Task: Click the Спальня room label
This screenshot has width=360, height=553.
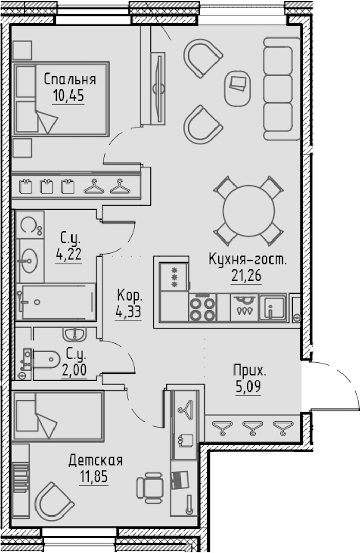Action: tap(70, 79)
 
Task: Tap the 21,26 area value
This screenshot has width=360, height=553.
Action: tap(246, 275)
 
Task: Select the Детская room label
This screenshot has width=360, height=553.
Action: tap(96, 460)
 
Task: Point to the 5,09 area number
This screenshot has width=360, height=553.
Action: tap(248, 387)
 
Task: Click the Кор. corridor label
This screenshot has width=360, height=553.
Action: tap(130, 295)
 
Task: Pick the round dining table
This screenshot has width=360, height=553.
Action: tap(249, 211)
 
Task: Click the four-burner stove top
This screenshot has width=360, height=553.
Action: tap(202, 308)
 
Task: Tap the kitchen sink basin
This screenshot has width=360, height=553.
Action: tap(273, 307)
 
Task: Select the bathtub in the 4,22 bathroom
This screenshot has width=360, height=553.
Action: tap(56, 302)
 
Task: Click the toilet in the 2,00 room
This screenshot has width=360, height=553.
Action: tap(42, 360)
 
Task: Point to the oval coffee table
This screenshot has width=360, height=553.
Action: tap(239, 88)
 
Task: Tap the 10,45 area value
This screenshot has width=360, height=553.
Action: tap(69, 96)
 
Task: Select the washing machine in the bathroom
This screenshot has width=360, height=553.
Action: tap(30, 225)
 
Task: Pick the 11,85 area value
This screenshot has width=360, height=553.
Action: tap(94, 477)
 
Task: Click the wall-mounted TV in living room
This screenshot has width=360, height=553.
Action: tap(158, 88)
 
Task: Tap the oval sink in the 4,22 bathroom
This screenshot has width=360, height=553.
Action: tap(27, 261)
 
